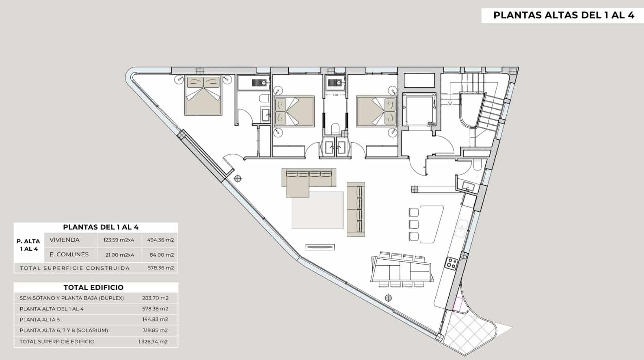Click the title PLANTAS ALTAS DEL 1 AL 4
pyautogui.click(x=564, y=15)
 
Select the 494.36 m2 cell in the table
pyautogui.click(x=160, y=240)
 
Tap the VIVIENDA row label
pyautogui.click(x=65, y=240)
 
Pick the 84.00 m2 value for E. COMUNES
pyautogui.click(x=162, y=255)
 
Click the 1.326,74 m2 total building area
pyautogui.click(x=153, y=342)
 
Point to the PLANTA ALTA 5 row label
pyautogui.click(x=40, y=319)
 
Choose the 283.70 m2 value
pyautogui.click(x=155, y=298)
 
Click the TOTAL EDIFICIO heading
pyautogui.click(x=93, y=288)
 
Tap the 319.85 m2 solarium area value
pyautogui.click(x=155, y=330)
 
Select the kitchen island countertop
pyautogui.click(x=431, y=224)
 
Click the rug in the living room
pyautogui.click(x=318, y=210)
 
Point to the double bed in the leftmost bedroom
pyautogui.click(x=203, y=95)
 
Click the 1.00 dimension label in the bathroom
pyautogui.click(x=335, y=95)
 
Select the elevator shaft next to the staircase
pyautogui.click(x=419, y=109)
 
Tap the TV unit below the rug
pyautogui.click(x=320, y=247)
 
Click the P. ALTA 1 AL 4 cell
pyautogui.click(x=28, y=245)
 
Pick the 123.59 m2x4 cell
pyautogui.click(x=119, y=240)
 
